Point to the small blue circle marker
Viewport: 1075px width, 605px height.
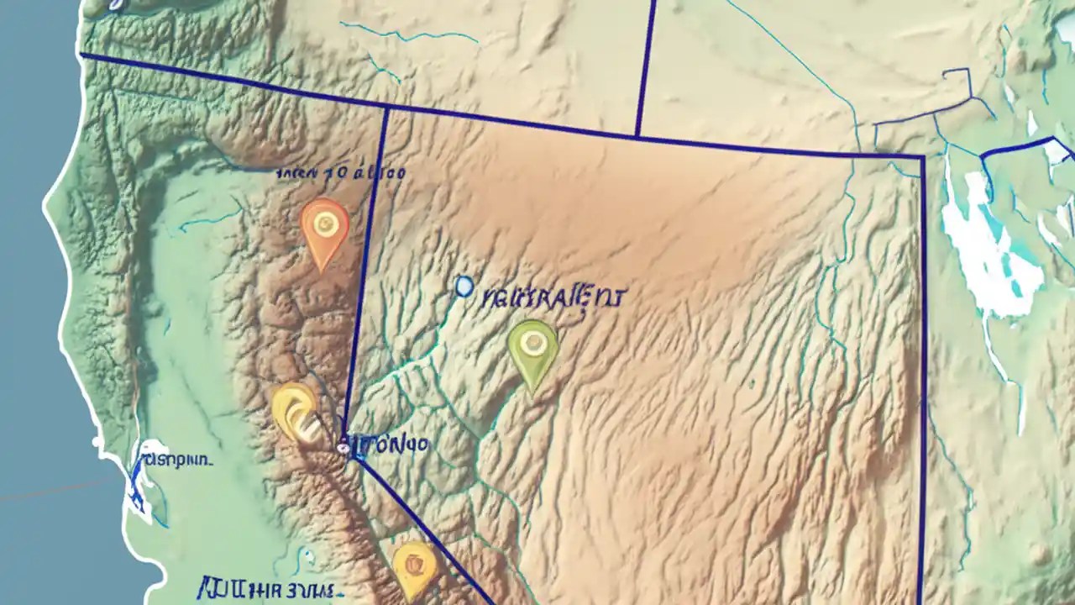point(464,287)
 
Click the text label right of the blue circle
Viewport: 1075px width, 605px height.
point(554,297)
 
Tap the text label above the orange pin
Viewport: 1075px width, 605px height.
point(341,174)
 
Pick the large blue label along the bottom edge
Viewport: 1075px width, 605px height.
point(267,587)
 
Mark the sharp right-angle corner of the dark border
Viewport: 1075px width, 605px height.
point(923,157)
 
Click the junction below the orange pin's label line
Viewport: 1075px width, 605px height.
point(386,108)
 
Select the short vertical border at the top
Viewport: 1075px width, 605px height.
point(645,67)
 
